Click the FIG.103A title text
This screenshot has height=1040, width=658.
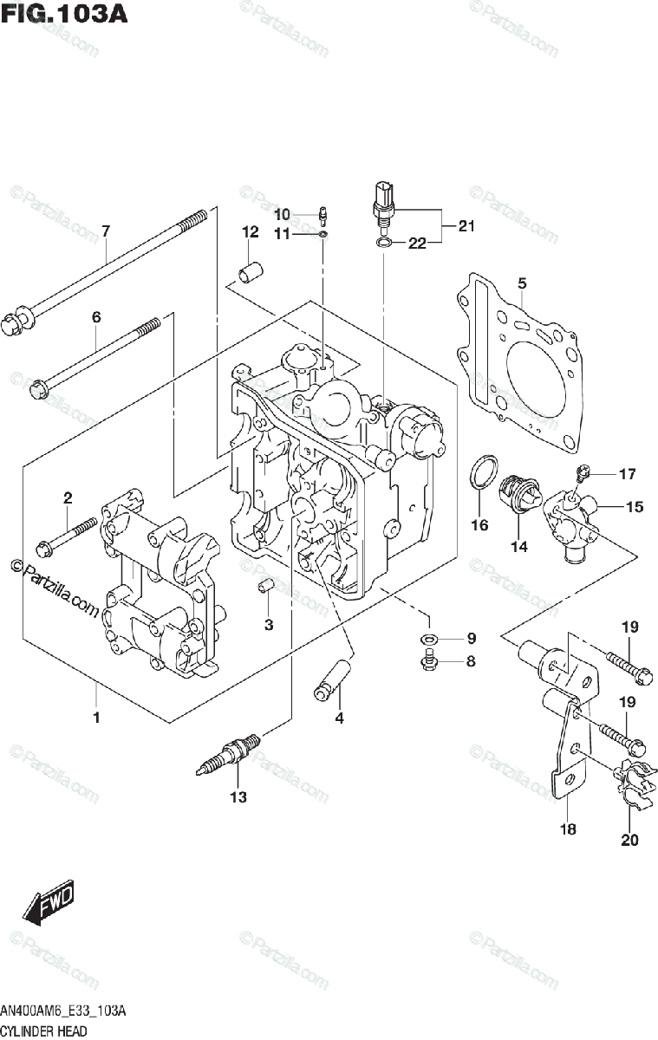(x=64, y=15)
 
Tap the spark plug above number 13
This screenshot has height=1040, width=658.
(x=230, y=753)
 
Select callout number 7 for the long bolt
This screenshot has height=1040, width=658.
(x=106, y=231)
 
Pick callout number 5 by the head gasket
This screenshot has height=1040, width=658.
(x=522, y=283)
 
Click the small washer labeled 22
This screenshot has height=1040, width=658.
(x=383, y=243)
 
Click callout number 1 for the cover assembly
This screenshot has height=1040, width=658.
(x=96, y=718)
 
